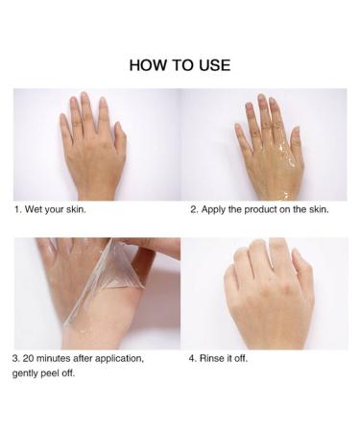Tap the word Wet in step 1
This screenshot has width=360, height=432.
pyautogui.click(x=34, y=209)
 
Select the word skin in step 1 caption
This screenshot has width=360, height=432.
pyautogui.click(x=76, y=209)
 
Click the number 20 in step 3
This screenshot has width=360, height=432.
pyautogui.click(x=28, y=358)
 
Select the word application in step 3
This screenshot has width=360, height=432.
pyautogui.click(x=119, y=359)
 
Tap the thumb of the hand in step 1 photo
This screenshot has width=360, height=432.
pyautogui.click(x=120, y=137)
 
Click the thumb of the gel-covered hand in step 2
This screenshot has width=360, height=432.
pyautogui.click(x=295, y=141)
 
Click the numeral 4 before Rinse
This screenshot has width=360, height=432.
pyautogui.click(x=192, y=358)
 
